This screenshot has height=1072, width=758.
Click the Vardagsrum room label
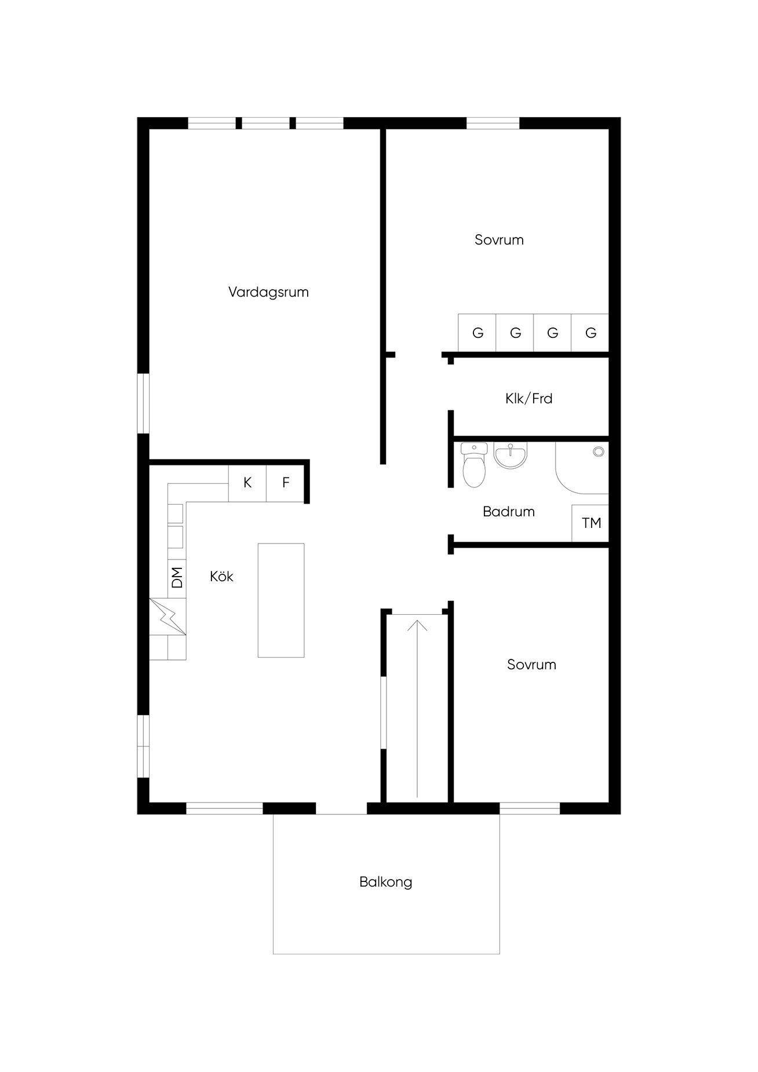(x=268, y=292)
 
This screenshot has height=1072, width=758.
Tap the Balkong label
(x=385, y=882)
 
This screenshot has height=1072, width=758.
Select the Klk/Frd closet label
(x=529, y=399)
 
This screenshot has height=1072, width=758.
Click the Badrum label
(x=508, y=512)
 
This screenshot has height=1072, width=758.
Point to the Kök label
(x=221, y=577)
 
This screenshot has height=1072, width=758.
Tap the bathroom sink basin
(x=511, y=454)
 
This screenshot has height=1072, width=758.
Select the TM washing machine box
(x=590, y=523)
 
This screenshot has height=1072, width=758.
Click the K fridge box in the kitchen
(x=247, y=483)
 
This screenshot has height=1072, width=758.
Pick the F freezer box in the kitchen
(x=285, y=483)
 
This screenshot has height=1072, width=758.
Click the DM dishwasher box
(x=177, y=578)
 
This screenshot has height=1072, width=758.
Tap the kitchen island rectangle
(x=281, y=600)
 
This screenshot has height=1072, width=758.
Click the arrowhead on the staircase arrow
(x=417, y=625)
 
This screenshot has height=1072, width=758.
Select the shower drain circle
(x=598, y=452)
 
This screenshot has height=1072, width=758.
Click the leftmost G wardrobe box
(x=477, y=333)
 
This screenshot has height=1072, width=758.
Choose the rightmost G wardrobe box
(x=590, y=333)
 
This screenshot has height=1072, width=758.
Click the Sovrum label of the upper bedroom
(x=499, y=240)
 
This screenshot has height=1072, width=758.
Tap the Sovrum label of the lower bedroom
(x=531, y=665)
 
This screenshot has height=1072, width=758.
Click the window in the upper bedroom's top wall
(x=493, y=123)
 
